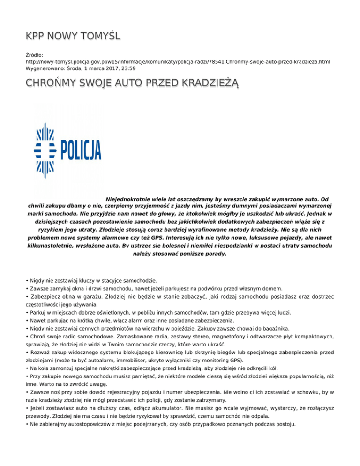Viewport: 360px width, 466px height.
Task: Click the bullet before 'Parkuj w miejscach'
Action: click(x=28, y=312)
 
